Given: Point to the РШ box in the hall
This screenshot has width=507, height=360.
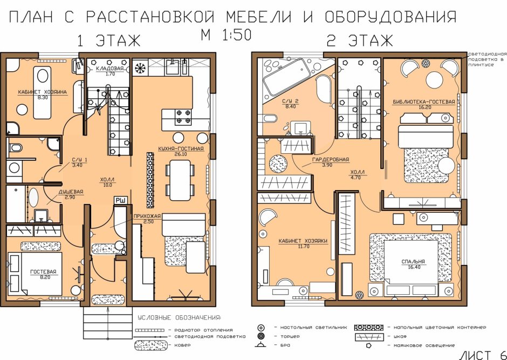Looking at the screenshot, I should click(x=120, y=200).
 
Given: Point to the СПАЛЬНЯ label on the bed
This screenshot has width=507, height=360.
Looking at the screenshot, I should click(x=413, y=262).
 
